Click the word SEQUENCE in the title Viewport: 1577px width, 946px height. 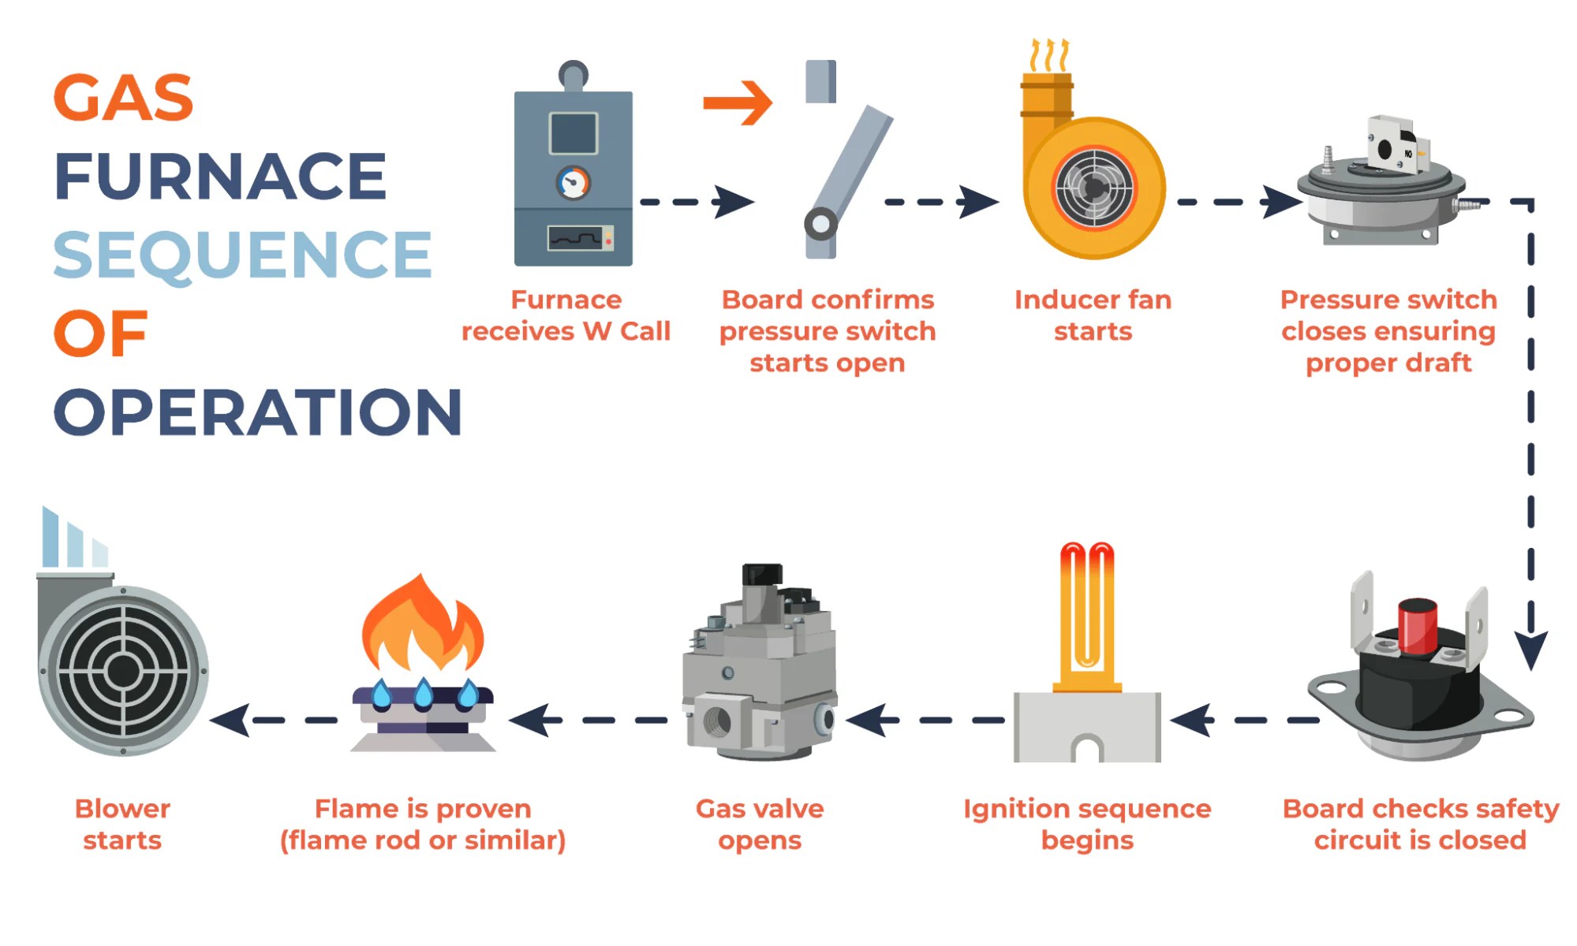pyautogui.click(x=242, y=255)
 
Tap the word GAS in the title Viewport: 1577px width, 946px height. pyautogui.click(x=123, y=99)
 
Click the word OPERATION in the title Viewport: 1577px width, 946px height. pyautogui.click(x=257, y=412)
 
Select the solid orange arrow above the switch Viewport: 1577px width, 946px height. pyautogui.click(x=738, y=102)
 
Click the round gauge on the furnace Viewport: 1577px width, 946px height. pyautogui.click(x=573, y=183)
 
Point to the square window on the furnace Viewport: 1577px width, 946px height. pyautogui.click(x=573, y=133)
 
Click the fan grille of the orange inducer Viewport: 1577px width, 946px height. pyautogui.click(x=1095, y=188)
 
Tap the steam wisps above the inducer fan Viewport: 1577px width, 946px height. pyautogui.click(x=1050, y=56)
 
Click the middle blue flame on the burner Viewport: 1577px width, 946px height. pyautogui.click(x=424, y=694)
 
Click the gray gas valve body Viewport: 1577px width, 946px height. pyautogui.click(x=757, y=670)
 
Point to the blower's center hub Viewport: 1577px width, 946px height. pyautogui.click(x=123, y=672)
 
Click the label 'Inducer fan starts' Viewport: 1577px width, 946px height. pyautogui.click(x=1093, y=315)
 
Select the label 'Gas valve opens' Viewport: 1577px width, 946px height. pyautogui.click(x=759, y=824)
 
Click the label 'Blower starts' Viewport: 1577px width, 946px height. pyautogui.click(x=122, y=824)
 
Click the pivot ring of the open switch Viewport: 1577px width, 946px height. pyautogui.click(x=820, y=224)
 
